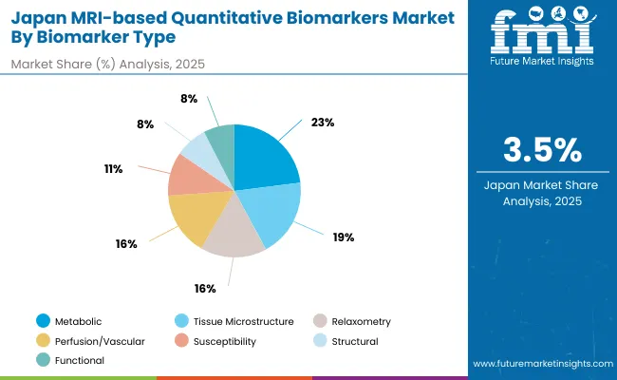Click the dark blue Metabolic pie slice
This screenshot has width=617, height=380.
[x=266, y=157]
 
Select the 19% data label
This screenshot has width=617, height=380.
[x=343, y=237]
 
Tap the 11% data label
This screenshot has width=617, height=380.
[x=115, y=168]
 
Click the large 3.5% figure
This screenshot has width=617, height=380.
[x=542, y=149]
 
